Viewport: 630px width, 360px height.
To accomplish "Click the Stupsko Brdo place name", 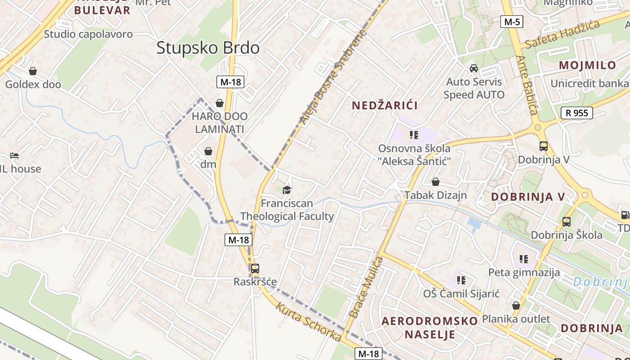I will tap(208, 48).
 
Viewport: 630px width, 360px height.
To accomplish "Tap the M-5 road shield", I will tap(512, 22).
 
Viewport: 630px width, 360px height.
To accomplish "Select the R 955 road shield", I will tap(576, 113).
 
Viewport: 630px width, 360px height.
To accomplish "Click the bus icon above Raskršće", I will tap(255, 269).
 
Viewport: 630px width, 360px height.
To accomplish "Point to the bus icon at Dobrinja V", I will tap(544, 146).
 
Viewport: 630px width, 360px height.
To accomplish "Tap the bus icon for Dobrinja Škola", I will tap(566, 222).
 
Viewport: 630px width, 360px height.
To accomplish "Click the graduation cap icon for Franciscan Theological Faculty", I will tap(287, 190).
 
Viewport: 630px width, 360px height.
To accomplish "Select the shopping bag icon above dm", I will tap(208, 151).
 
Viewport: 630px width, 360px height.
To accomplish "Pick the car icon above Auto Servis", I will tap(474, 68).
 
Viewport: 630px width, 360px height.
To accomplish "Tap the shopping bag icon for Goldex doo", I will tap(33, 71).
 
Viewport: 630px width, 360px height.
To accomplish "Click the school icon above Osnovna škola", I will tap(414, 135).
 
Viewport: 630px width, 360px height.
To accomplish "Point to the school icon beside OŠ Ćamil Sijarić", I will tap(461, 280).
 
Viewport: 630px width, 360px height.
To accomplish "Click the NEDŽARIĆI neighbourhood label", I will tap(385, 105).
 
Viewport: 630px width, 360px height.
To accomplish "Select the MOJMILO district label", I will tap(587, 65).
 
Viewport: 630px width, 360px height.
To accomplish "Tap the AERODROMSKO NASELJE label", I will tap(429, 328).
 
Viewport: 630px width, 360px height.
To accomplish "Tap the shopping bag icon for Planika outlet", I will tap(516, 306).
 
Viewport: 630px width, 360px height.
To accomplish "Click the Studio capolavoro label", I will tap(88, 34).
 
